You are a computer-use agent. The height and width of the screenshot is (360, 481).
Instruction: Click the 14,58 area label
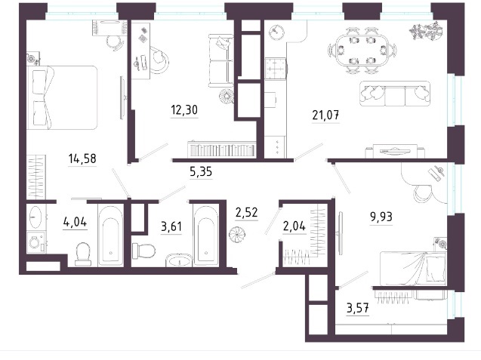(x=82, y=158)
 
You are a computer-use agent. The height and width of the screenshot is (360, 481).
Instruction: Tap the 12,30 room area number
(x=184, y=109)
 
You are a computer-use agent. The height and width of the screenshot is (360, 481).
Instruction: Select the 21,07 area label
(x=325, y=115)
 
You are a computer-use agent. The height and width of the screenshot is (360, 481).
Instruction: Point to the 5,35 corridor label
(x=201, y=172)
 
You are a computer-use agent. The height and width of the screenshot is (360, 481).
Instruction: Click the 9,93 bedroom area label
(x=381, y=217)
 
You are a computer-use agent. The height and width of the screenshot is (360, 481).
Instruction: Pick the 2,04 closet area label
(x=294, y=226)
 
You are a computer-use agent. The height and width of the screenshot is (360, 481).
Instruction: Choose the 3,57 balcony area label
(x=358, y=308)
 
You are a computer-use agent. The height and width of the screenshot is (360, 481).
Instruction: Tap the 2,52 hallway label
(x=247, y=212)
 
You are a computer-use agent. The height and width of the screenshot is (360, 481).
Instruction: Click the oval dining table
(x=362, y=51)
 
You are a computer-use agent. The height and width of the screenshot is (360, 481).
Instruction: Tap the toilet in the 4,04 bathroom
(x=83, y=254)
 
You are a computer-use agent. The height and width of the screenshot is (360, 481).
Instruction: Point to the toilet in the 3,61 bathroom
(x=143, y=251)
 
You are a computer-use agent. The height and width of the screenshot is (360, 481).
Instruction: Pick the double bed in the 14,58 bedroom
(x=62, y=97)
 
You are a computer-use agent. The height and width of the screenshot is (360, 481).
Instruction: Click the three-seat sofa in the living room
(x=394, y=94)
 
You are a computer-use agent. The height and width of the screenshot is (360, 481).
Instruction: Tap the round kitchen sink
(x=276, y=32)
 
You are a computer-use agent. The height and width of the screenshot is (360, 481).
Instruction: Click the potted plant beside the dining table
(x=427, y=31)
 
